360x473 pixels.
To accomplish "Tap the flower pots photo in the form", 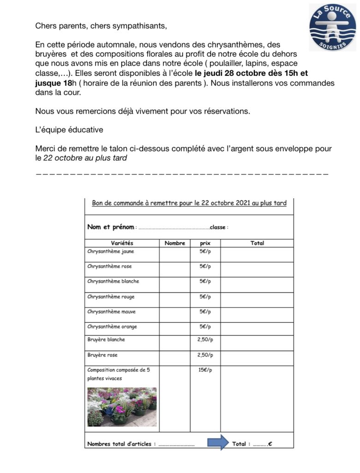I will (x=122, y=406).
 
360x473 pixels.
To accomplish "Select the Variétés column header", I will (x=122, y=243).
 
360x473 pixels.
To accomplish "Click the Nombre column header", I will (x=174, y=243).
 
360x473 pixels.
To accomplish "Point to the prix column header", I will (x=205, y=243).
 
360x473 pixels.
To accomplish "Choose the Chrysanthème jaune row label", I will (x=111, y=252).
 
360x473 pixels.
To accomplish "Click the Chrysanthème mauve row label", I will (x=112, y=312).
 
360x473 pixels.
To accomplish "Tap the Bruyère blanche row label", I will (x=106, y=340).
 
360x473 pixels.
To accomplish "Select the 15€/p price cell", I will (x=205, y=370).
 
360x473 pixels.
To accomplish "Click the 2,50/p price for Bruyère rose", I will (x=205, y=355).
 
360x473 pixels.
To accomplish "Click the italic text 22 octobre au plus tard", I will (x=85, y=158).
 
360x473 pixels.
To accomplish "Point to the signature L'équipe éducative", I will (x=69, y=130).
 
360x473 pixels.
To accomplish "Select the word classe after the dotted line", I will (x=218, y=227).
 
